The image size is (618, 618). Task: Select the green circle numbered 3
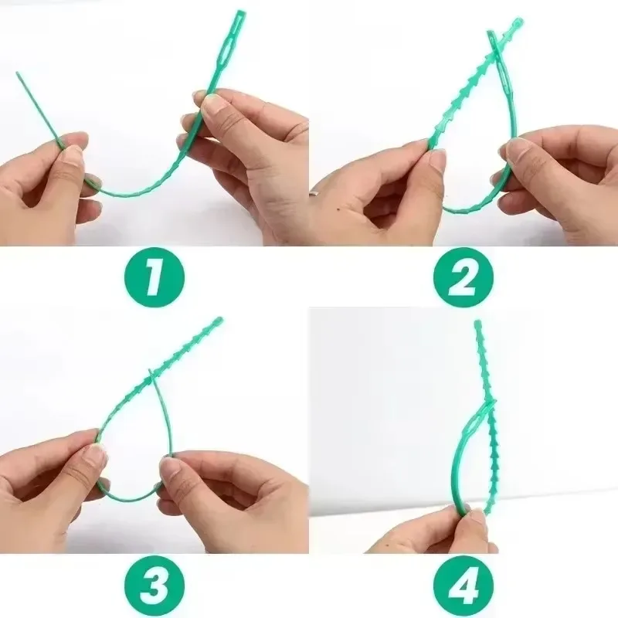(x=154, y=584)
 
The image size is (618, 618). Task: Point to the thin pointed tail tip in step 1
(x=18, y=74)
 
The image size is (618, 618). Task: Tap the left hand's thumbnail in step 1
(x=73, y=154)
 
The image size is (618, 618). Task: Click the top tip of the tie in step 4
(x=477, y=324)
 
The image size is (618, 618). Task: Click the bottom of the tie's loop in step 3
(x=127, y=498)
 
